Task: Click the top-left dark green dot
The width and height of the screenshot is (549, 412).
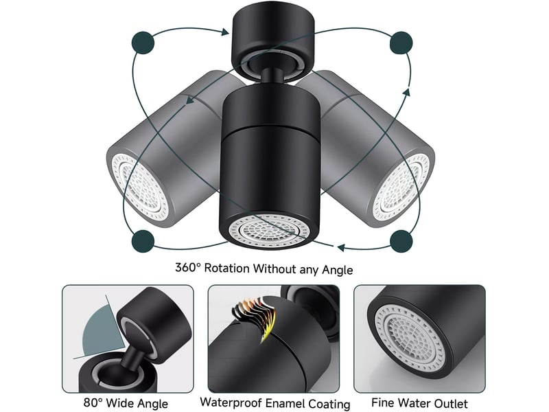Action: [x=143, y=43]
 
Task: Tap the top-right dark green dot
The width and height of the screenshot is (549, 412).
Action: [x=401, y=43]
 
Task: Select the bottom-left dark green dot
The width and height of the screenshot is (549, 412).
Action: [x=143, y=241]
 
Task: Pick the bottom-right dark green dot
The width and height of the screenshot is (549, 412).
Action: [x=401, y=241]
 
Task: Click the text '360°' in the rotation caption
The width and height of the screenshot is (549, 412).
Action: [x=188, y=268]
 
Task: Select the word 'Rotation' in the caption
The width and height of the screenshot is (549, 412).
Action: [x=227, y=268]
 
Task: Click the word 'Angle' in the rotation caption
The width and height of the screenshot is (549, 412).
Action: [x=337, y=270]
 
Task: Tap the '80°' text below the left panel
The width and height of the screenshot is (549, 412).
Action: [x=93, y=402]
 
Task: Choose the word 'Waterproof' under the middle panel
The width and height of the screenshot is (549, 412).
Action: [x=231, y=402]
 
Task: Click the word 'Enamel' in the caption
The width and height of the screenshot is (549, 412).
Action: [x=284, y=403]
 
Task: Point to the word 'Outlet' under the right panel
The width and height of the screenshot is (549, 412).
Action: [x=450, y=403]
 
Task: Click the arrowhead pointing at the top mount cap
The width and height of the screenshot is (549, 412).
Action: [x=224, y=32]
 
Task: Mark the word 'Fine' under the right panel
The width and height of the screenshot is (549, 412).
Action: [x=383, y=402]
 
